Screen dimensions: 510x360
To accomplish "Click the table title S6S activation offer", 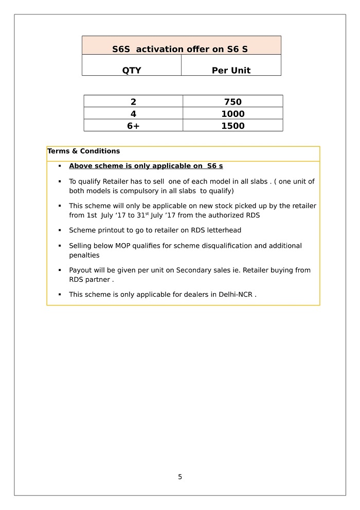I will [180, 49].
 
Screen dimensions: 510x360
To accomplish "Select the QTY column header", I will [132, 71].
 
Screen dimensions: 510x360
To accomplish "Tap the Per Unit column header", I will [231, 71].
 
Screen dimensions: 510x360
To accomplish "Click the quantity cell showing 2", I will [133, 102].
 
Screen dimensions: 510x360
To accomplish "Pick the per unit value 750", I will [232, 102].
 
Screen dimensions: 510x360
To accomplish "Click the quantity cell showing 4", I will [133, 114].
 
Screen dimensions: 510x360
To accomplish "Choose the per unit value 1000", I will [232, 114].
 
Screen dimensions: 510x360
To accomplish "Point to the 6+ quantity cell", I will [133, 126].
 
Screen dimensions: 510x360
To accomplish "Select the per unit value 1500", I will [232, 126].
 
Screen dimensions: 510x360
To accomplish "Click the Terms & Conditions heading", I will [83, 151].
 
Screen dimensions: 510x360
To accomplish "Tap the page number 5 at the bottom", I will [180, 477].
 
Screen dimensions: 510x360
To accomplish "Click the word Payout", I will [81, 270].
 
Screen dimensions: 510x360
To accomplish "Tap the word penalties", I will [84, 256].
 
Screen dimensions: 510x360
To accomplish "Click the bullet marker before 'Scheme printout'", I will [60, 230].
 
